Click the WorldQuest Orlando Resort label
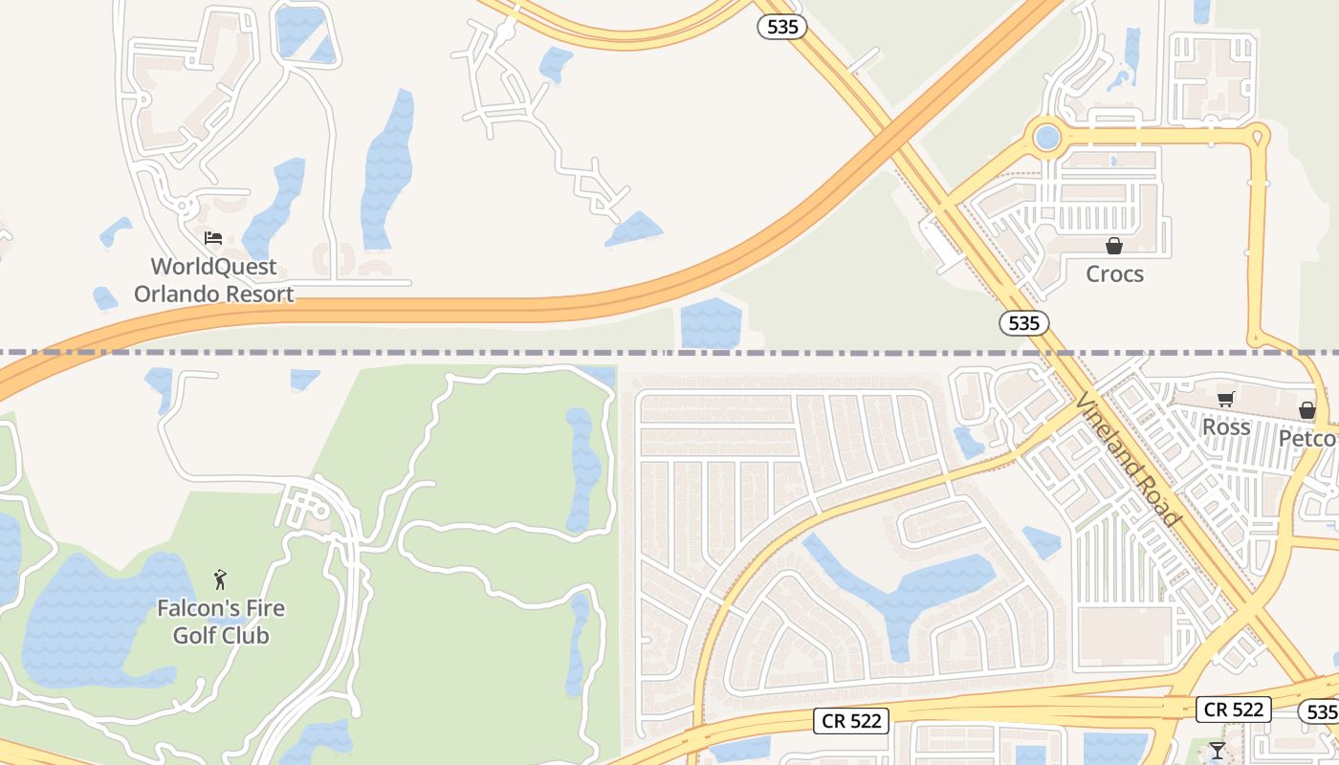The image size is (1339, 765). click(213, 280)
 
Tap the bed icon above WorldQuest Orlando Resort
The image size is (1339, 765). click(213, 237)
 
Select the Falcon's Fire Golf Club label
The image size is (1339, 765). click(221, 622)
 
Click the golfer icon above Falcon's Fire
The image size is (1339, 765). click(221, 579)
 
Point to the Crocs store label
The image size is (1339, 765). click(1114, 274)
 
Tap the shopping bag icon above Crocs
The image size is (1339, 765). click(1113, 245)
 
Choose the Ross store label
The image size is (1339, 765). click(1226, 427)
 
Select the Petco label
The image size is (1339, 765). click(1308, 439)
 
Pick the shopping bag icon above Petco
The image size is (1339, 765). click(1307, 410)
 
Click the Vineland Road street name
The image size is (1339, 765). click(1129, 459)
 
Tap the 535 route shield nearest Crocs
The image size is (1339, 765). click(1024, 323)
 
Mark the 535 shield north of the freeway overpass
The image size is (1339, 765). click(782, 27)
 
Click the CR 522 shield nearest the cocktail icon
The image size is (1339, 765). click(1234, 710)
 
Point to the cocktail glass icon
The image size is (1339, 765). click(1217, 751)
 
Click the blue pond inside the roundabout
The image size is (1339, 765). click(1047, 137)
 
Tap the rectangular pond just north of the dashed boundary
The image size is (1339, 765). click(711, 323)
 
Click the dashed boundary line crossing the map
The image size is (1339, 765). click(478, 353)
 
